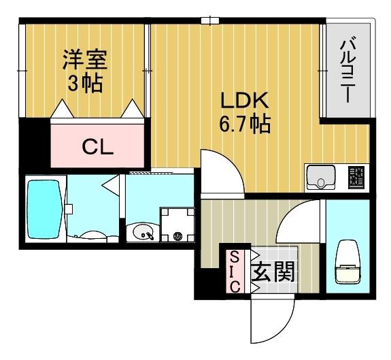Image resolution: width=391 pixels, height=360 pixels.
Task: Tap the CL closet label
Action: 97,146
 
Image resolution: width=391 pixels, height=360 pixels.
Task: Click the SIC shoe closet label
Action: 234,272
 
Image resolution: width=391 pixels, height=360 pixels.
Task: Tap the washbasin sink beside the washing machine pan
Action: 143,233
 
